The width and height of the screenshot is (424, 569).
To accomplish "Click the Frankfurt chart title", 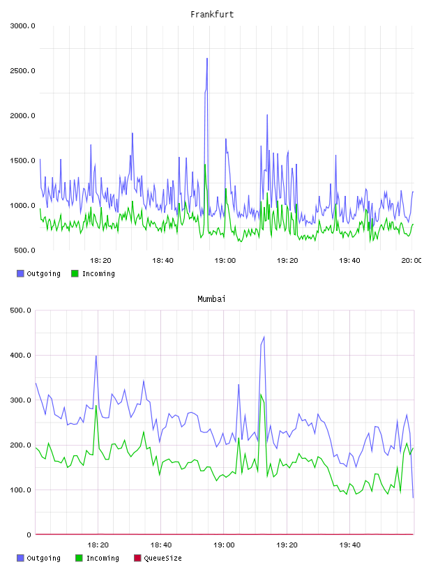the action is point(212,15).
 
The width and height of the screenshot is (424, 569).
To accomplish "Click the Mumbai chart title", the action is point(211,299).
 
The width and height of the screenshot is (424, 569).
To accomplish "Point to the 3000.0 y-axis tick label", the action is point(22,26).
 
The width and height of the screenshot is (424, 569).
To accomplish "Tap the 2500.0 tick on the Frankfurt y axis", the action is point(22,70).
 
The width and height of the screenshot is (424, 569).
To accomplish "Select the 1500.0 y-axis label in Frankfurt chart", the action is point(22,161).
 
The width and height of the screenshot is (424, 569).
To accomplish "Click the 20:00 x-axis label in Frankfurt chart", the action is point(411,261).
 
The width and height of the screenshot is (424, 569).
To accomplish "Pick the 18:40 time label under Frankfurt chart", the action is point(162,261).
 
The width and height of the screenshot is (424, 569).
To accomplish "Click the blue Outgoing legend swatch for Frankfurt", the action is point(20,273).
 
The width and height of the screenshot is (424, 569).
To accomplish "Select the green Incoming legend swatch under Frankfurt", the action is point(75,273).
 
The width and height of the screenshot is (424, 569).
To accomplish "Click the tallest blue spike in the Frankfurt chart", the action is point(207,58).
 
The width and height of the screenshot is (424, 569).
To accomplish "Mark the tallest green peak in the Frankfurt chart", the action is point(205,165).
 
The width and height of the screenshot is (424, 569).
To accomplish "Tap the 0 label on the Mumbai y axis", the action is point(29,535).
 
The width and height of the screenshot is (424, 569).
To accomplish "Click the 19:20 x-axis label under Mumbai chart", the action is point(287,545).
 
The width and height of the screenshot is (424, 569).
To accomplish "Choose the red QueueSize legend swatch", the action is point(137,558).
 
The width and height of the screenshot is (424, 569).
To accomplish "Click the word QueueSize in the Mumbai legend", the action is point(163,558).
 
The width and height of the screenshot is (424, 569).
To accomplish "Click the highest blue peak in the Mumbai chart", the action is point(264,337).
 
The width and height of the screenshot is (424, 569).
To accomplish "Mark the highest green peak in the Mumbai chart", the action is point(261,395).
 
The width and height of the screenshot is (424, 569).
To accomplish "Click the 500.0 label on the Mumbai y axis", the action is point(21,310).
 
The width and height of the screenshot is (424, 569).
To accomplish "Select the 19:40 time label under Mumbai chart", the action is point(350,545).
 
